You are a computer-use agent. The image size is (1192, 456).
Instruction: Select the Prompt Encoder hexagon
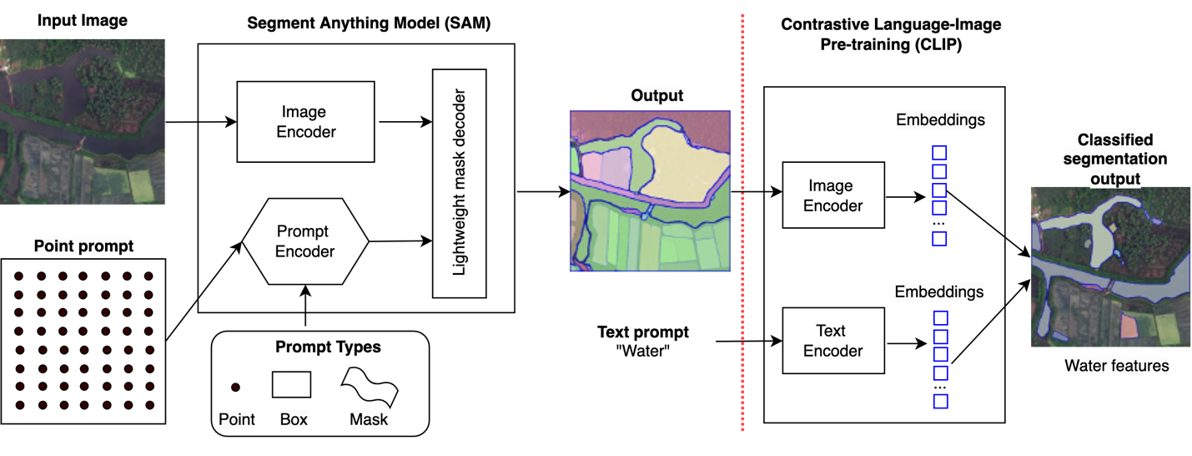[x=304, y=241]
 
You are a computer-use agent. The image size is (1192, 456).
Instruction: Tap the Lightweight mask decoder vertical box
[x=459, y=183]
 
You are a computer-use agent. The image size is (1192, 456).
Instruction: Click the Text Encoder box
[x=832, y=341]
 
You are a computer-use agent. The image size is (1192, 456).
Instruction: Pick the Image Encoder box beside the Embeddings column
[x=832, y=195]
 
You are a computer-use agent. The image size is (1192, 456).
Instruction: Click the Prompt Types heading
[x=328, y=347]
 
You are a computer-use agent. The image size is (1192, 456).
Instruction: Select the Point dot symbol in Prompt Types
[x=236, y=388]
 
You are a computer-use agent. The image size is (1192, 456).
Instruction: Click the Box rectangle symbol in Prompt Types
[x=291, y=384]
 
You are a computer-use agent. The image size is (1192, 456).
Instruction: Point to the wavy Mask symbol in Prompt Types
[x=369, y=386]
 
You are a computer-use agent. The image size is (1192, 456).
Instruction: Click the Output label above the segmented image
[x=656, y=96]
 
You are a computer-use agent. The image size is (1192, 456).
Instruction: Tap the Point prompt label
[x=83, y=247]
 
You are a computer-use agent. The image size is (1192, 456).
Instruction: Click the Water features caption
[x=1116, y=366]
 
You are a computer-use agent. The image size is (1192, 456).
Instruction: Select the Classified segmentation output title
[x=1116, y=159]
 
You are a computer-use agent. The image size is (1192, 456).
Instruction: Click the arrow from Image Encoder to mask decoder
[x=405, y=122]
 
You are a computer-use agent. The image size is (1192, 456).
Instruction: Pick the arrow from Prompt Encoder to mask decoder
[x=400, y=241]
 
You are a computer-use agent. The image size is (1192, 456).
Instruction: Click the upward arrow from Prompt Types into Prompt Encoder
[x=305, y=299]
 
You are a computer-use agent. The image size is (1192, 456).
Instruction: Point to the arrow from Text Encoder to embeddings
[x=906, y=342]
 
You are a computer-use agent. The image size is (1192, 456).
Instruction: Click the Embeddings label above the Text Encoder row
[x=939, y=292]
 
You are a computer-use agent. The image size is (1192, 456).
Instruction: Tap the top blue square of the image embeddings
[x=939, y=153]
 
